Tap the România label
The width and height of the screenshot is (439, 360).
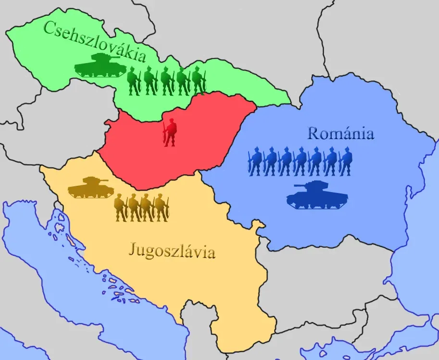click(x=340, y=133)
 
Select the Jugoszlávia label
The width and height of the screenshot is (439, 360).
click(x=172, y=251)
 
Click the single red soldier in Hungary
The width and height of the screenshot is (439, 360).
click(x=170, y=131)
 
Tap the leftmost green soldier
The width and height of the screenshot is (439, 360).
click(x=133, y=81)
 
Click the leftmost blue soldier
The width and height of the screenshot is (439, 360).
click(x=255, y=161)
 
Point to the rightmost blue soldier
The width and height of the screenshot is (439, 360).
click(x=345, y=161)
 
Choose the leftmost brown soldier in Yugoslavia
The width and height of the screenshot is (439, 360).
click(x=121, y=207)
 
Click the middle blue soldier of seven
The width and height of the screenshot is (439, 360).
click(x=301, y=161)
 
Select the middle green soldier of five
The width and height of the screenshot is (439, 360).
click(x=166, y=81)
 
